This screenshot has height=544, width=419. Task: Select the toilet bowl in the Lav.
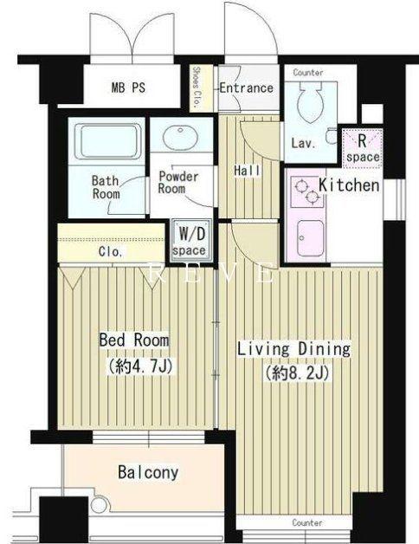311,102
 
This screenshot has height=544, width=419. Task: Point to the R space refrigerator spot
363,148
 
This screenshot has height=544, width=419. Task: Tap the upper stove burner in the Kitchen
301,185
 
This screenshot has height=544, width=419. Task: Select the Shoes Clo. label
197,87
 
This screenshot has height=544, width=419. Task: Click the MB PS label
128,87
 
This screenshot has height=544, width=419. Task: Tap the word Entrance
247,87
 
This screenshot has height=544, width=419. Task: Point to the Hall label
247,171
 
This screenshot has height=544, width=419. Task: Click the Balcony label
148,472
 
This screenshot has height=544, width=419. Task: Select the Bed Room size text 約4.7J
140,366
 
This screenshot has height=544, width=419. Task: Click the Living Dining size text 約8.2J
297,373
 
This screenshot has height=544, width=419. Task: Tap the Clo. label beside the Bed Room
111,252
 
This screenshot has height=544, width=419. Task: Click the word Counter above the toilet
308,73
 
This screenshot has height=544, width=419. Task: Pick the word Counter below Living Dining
307,522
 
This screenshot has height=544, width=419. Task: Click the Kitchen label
349,185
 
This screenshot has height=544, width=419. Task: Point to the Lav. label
304,143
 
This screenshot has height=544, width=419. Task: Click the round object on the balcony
100,504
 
